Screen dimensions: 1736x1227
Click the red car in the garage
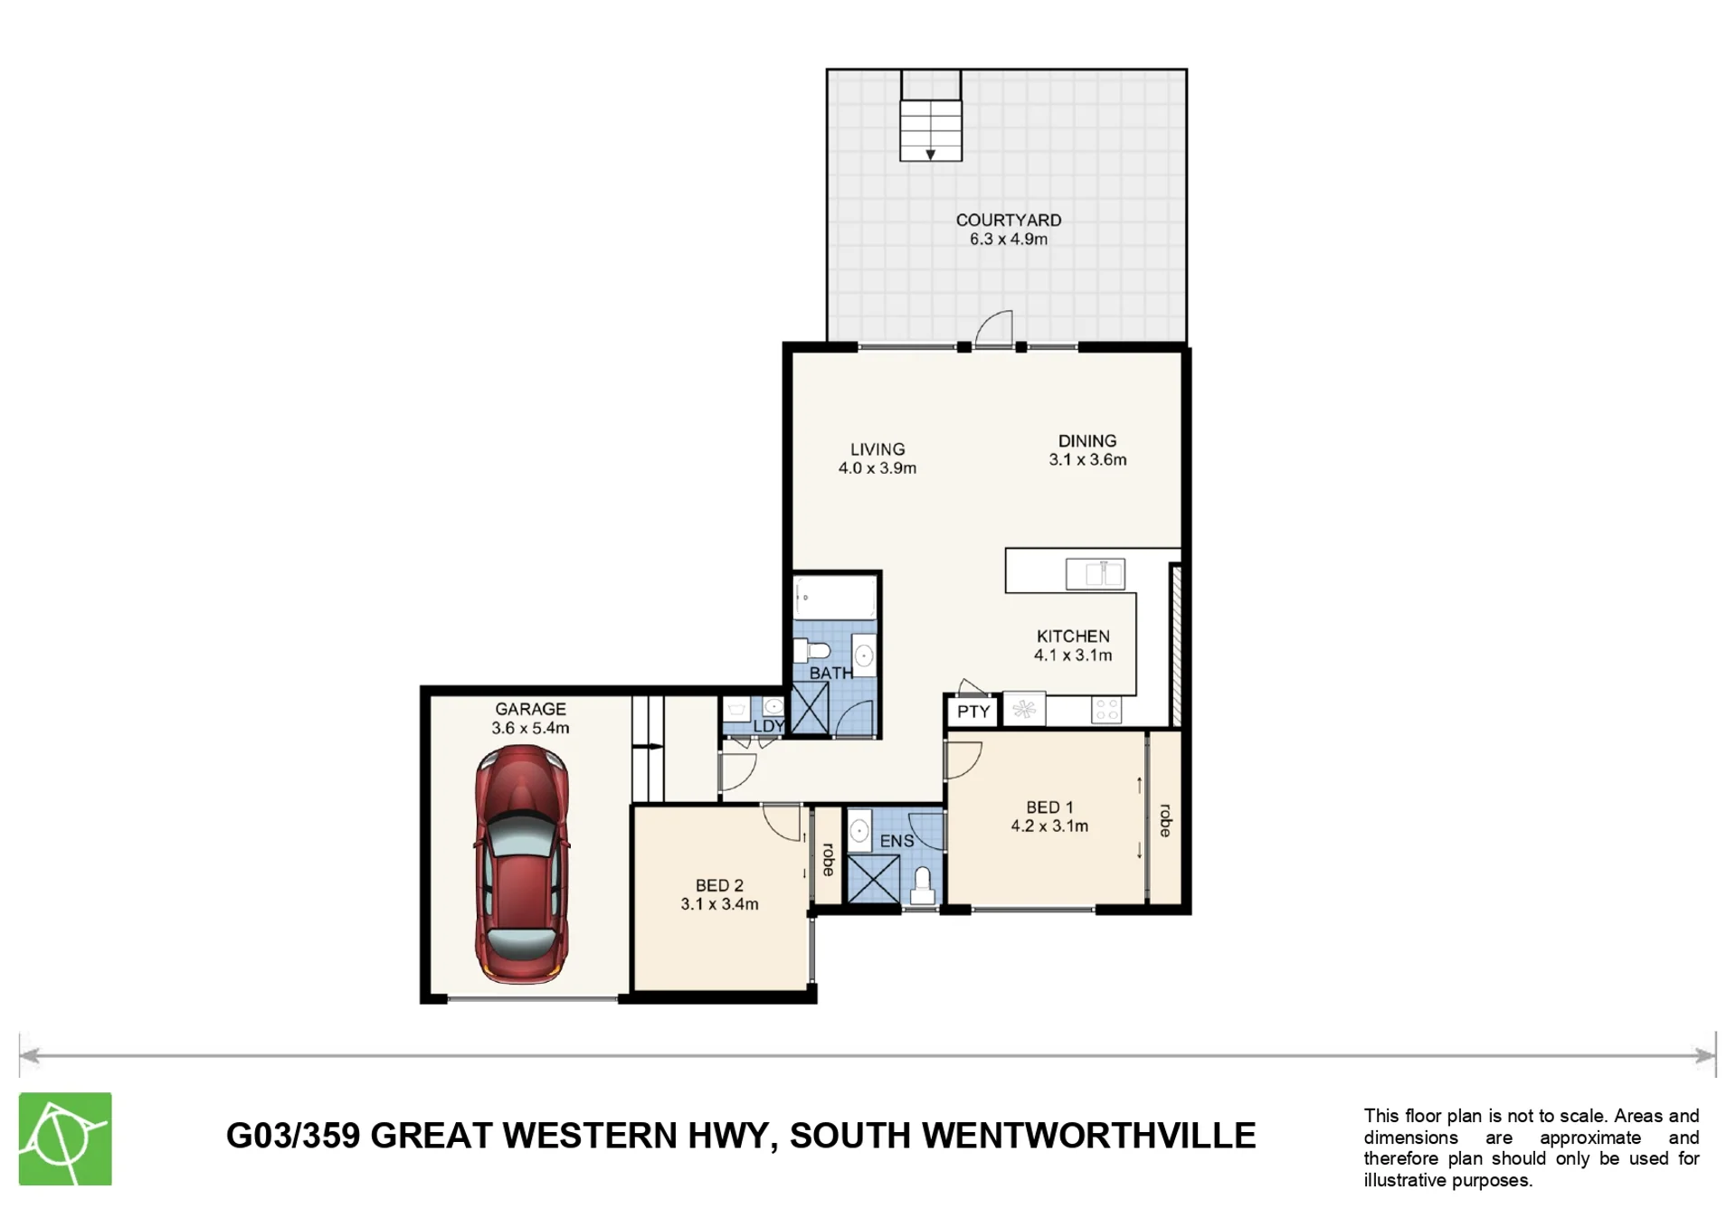(x=522, y=864)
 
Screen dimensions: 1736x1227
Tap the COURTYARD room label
(x=1009, y=220)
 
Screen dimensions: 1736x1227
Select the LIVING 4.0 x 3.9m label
(x=877, y=458)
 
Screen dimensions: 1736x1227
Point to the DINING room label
(x=1087, y=440)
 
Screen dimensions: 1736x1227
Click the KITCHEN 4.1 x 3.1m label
(x=1073, y=646)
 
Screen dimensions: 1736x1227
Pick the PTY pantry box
(x=972, y=712)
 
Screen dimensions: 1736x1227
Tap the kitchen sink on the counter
(x=1096, y=574)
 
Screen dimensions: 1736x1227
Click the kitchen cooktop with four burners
(x=1106, y=710)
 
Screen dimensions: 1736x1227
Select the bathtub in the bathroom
(x=835, y=598)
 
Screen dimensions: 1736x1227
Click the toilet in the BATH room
(x=812, y=650)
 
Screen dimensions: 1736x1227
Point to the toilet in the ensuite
(x=922, y=887)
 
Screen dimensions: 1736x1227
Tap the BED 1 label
(x=1049, y=807)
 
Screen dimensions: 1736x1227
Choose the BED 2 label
(x=719, y=885)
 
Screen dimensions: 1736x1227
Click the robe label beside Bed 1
(x=1165, y=820)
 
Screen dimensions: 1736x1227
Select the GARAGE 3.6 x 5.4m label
(x=530, y=718)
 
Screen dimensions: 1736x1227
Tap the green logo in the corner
(x=65, y=1138)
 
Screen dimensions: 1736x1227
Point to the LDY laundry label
(x=768, y=726)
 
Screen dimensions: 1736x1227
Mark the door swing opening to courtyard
(x=994, y=328)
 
